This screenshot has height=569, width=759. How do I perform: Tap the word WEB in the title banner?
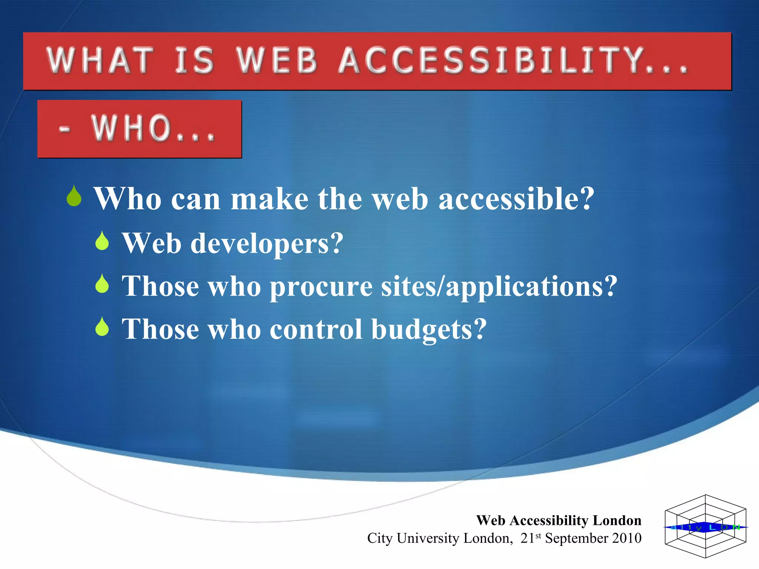pyautogui.click(x=277, y=60)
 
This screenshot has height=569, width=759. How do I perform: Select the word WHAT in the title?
pyautogui.click(x=100, y=60)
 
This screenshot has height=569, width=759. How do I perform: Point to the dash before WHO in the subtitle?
pyautogui.click(x=64, y=129)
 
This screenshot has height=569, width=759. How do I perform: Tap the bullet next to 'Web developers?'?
pyautogui.click(x=102, y=241)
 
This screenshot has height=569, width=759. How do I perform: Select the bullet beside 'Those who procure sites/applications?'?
pyautogui.click(x=102, y=284)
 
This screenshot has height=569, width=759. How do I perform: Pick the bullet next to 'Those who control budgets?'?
pyautogui.click(x=102, y=327)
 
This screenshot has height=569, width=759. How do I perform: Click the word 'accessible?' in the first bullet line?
pyautogui.click(x=516, y=199)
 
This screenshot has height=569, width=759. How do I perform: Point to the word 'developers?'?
pyautogui.click(x=267, y=244)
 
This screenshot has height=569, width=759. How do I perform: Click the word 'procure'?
pyautogui.click(x=321, y=287)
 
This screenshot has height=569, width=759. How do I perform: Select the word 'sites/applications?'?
pyautogui.click(x=499, y=287)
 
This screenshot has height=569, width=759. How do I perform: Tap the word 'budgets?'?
pyautogui.click(x=429, y=329)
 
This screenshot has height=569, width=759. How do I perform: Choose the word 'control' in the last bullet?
pyautogui.click(x=316, y=329)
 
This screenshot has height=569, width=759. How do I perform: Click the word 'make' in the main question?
pyautogui.click(x=269, y=199)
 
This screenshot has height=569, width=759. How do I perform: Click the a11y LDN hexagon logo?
pyautogui.click(x=705, y=526)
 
